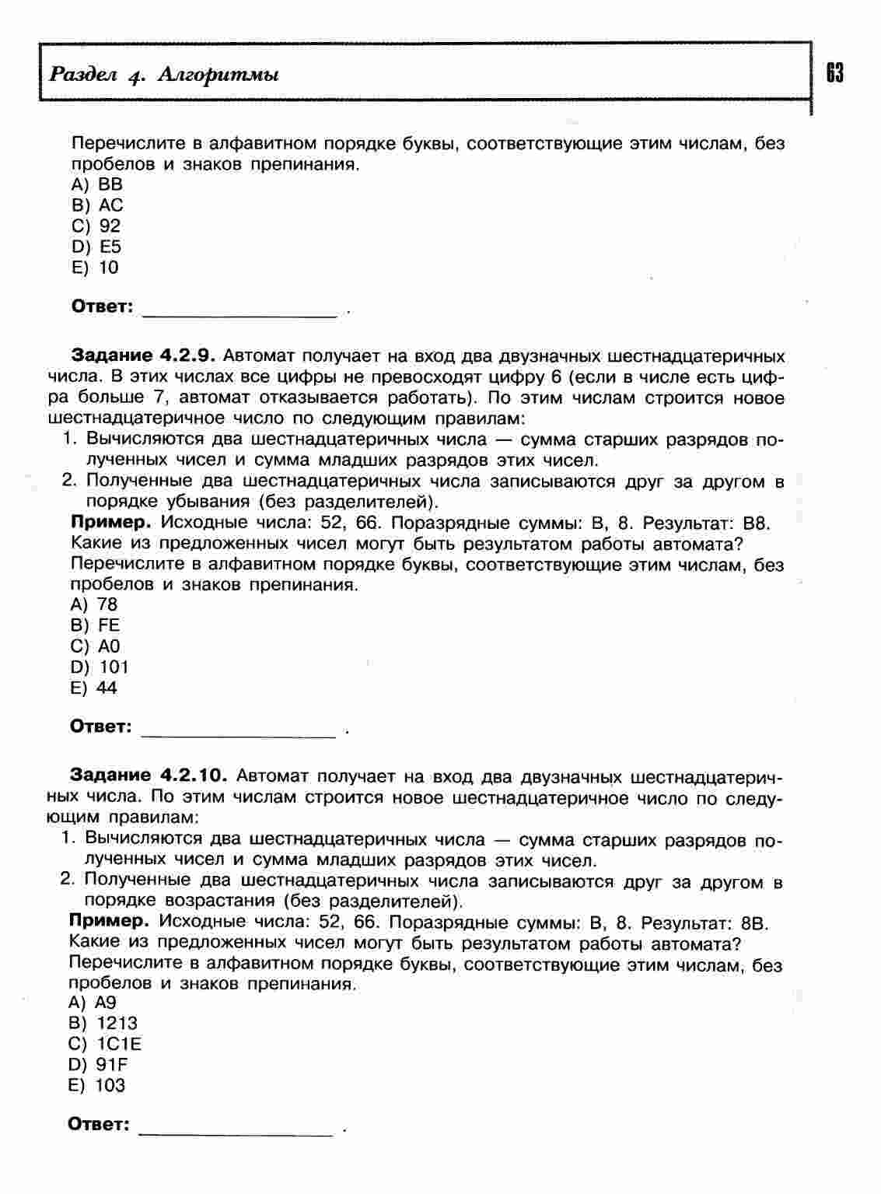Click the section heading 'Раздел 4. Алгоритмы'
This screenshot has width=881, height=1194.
click(164, 75)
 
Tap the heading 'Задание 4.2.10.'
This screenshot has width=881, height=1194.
click(148, 776)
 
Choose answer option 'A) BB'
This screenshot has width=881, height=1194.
click(96, 184)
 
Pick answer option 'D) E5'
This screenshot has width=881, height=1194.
click(96, 247)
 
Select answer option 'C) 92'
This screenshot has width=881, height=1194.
click(96, 226)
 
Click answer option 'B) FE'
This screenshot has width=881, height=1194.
click(95, 625)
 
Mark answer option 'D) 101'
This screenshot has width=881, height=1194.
click(99, 667)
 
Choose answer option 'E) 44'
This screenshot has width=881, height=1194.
click(93, 688)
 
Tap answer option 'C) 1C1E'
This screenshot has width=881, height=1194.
click(105, 1044)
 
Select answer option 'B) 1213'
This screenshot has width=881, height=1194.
click(103, 1023)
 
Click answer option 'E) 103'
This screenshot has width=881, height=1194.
click(96, 1085)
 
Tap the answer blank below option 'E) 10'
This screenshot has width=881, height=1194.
click(240, 310)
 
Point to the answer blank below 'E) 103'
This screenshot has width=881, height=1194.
click(236, 1129)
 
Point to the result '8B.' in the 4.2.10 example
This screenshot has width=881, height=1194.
click(754, 923)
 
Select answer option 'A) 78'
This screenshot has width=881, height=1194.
click(93, 604)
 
